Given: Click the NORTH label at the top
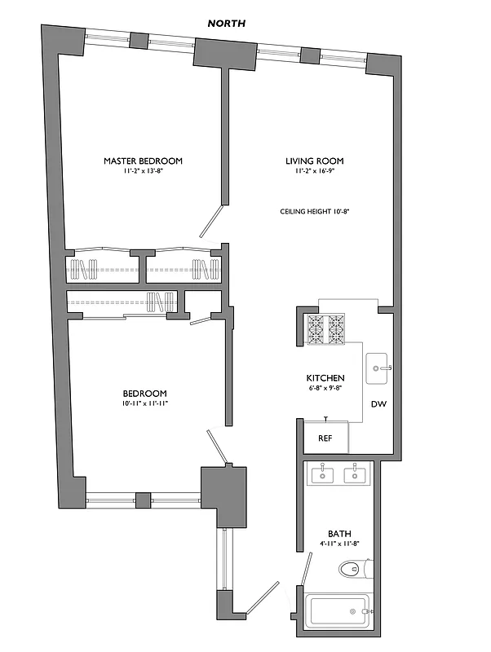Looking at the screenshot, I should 226,24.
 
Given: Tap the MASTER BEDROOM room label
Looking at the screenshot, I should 143,161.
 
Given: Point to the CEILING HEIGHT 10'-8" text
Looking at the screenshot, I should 315,211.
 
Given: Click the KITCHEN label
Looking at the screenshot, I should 325,378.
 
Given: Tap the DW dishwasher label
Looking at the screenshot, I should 378,404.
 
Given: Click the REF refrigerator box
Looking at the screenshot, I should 325,438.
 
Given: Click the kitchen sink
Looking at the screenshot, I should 377,368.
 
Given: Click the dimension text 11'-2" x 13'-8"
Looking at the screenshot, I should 143,172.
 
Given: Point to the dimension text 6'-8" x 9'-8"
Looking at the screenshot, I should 325,389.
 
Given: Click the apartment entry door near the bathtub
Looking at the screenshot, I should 263,597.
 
